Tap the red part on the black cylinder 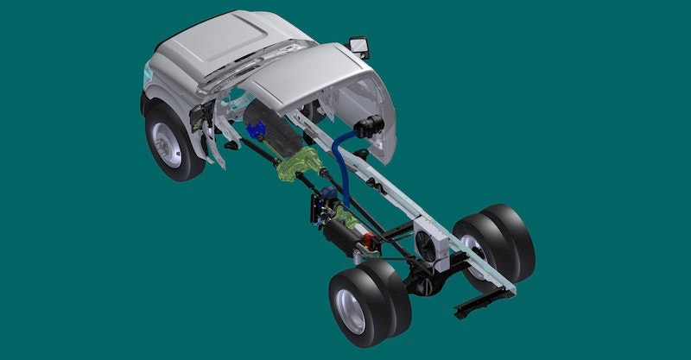[x=371, y=237]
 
